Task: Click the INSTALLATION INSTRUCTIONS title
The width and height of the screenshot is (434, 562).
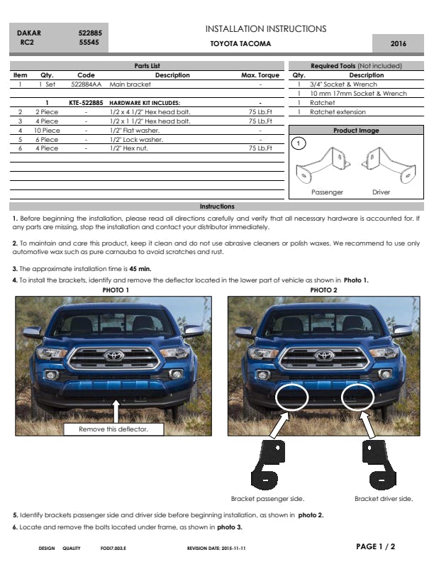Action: pos(266,29)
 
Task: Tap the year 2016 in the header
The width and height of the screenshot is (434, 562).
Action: pos(398,44)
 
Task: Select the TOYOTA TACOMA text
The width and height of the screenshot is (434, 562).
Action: pos(240,44)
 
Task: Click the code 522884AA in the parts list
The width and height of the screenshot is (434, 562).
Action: pos(87,84)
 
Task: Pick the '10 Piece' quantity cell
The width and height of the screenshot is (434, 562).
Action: pos(47,131)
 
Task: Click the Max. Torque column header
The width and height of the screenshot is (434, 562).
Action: pos(260,75)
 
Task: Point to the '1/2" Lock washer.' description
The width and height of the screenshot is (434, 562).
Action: pos(136,140)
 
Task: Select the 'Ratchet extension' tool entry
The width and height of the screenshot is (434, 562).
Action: pos(338,112)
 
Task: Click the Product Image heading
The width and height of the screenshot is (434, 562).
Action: pos(356,131)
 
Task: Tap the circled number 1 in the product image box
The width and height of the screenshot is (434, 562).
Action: pos(299,143)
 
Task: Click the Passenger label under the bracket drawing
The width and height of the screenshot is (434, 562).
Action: pos(327,192)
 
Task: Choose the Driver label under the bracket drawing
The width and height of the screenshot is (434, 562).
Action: pos(381,192)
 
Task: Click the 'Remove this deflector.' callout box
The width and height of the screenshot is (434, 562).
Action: pos(113,429)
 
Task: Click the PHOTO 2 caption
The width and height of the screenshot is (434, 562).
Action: pos(323,290)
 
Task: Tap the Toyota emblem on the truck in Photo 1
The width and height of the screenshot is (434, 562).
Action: pos(113,356)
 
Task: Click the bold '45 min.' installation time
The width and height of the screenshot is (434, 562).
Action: pos(140,269)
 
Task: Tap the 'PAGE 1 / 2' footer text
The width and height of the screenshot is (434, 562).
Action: pos(375,546)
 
